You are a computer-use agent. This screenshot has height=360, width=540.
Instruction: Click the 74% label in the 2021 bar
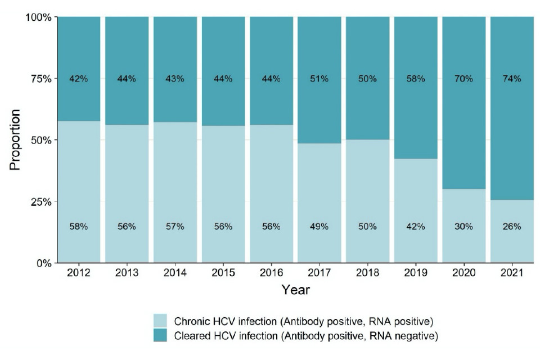coord(512,79)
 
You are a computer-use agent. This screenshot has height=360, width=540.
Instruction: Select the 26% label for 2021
coord(512,227)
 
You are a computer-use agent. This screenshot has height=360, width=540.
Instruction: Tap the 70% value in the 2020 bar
coord(463,79)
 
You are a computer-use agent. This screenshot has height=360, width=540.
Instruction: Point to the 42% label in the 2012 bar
coord(79,79)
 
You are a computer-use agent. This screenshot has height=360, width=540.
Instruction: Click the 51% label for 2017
coord(319,79)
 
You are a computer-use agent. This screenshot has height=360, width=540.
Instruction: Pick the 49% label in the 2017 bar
coord(319,227)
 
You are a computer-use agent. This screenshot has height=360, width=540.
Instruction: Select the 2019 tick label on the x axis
coord(415,273)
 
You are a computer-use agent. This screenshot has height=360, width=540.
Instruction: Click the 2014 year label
coord(175,273)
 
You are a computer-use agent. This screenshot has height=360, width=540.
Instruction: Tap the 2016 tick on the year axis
coord(271,273)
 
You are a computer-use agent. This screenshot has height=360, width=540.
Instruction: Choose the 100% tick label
coord(38,17)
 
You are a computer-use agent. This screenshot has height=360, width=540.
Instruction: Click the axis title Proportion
coord(16,139)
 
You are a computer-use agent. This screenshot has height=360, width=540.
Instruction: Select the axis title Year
coord(295,290)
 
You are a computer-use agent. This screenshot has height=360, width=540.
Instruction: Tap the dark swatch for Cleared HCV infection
coord(164,336)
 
